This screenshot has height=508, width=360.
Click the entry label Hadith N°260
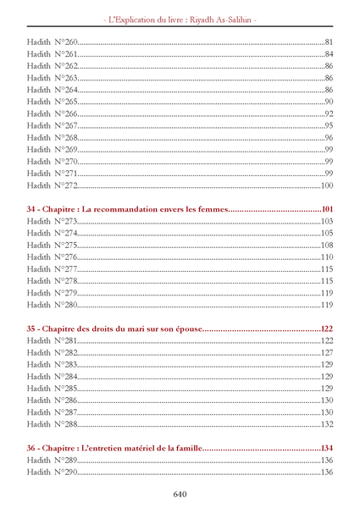(52, 42)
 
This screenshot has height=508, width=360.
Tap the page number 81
(329, 42)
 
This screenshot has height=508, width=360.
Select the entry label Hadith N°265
(52, 102)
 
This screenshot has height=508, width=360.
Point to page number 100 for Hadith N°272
(326, 185)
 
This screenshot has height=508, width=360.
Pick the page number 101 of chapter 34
(326, 208)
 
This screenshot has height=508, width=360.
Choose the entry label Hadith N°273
(52, 221)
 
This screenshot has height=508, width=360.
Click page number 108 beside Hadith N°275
(326, 245)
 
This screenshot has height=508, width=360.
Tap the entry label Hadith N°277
(52, 268)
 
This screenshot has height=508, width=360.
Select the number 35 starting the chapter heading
(32, 328)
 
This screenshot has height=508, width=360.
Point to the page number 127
(326, 352)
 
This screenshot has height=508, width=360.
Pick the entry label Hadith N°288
(52, 423)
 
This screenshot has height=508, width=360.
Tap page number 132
(326, 423)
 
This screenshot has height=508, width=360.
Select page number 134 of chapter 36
(326, 448)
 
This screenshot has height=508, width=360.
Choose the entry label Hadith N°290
(52, 472)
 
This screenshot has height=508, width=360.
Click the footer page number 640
(180, 494)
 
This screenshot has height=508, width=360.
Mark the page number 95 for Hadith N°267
(329, 125)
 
